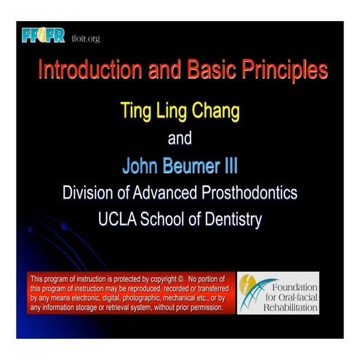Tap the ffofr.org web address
86,38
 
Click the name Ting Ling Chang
180,113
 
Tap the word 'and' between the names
180,138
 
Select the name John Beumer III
180,166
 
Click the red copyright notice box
131,292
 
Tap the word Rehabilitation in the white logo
292,308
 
